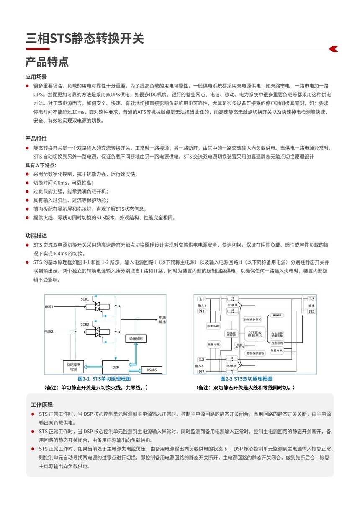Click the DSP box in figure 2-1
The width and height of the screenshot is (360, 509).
[116, 367]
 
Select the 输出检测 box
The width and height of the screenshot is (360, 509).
[136, 338]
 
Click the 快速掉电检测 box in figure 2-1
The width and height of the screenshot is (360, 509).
[73, 367]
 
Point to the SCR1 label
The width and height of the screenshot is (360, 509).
[85, 299]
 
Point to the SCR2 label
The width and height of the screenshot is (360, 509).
[85, 324]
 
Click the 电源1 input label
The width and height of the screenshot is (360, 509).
[49, 307]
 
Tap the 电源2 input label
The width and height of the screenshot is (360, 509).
[49, 332]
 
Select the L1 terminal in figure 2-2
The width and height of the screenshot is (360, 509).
[201, 299]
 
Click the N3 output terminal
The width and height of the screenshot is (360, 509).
[311, 311]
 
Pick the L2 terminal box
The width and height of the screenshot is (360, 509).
[201, 360]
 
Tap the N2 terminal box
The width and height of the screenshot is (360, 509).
[201, 372]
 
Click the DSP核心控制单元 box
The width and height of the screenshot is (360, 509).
[255, 333]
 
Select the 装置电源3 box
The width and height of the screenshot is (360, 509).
[277, 350]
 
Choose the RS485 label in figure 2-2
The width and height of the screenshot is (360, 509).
[277, 315]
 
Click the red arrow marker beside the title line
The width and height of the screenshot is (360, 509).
[333, 49]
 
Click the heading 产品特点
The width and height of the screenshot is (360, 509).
[47, 62]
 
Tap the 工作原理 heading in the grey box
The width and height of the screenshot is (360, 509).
[42, 405]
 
